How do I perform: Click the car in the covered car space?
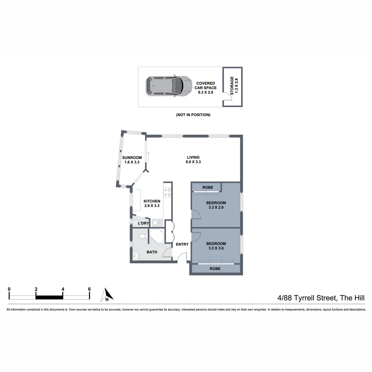[168, 86]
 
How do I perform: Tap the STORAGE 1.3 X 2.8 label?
[232, 86]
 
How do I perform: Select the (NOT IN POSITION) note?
[193, 115]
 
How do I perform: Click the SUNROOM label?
[132, 160]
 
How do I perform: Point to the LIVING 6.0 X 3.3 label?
[193, 159]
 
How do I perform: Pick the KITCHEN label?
[152, 204]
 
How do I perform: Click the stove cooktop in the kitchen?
[168, 192]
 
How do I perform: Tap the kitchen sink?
[157, 223]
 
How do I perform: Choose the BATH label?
[152, 252]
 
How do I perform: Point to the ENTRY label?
[182, 245]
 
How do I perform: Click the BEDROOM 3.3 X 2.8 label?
[216, 205]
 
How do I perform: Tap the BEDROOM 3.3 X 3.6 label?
[216, 246]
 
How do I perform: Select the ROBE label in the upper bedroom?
[208, 187]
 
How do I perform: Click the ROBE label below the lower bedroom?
[215, 269]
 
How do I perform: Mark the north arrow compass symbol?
[107, 295]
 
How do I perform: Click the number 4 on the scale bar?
[63, 289]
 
